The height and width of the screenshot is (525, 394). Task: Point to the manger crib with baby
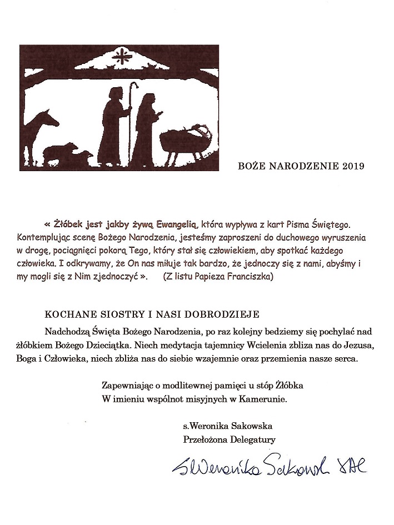point(186,139)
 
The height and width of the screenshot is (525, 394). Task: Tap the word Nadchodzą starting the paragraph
point(83,332)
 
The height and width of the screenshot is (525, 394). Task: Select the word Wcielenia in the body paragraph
point(261,346)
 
